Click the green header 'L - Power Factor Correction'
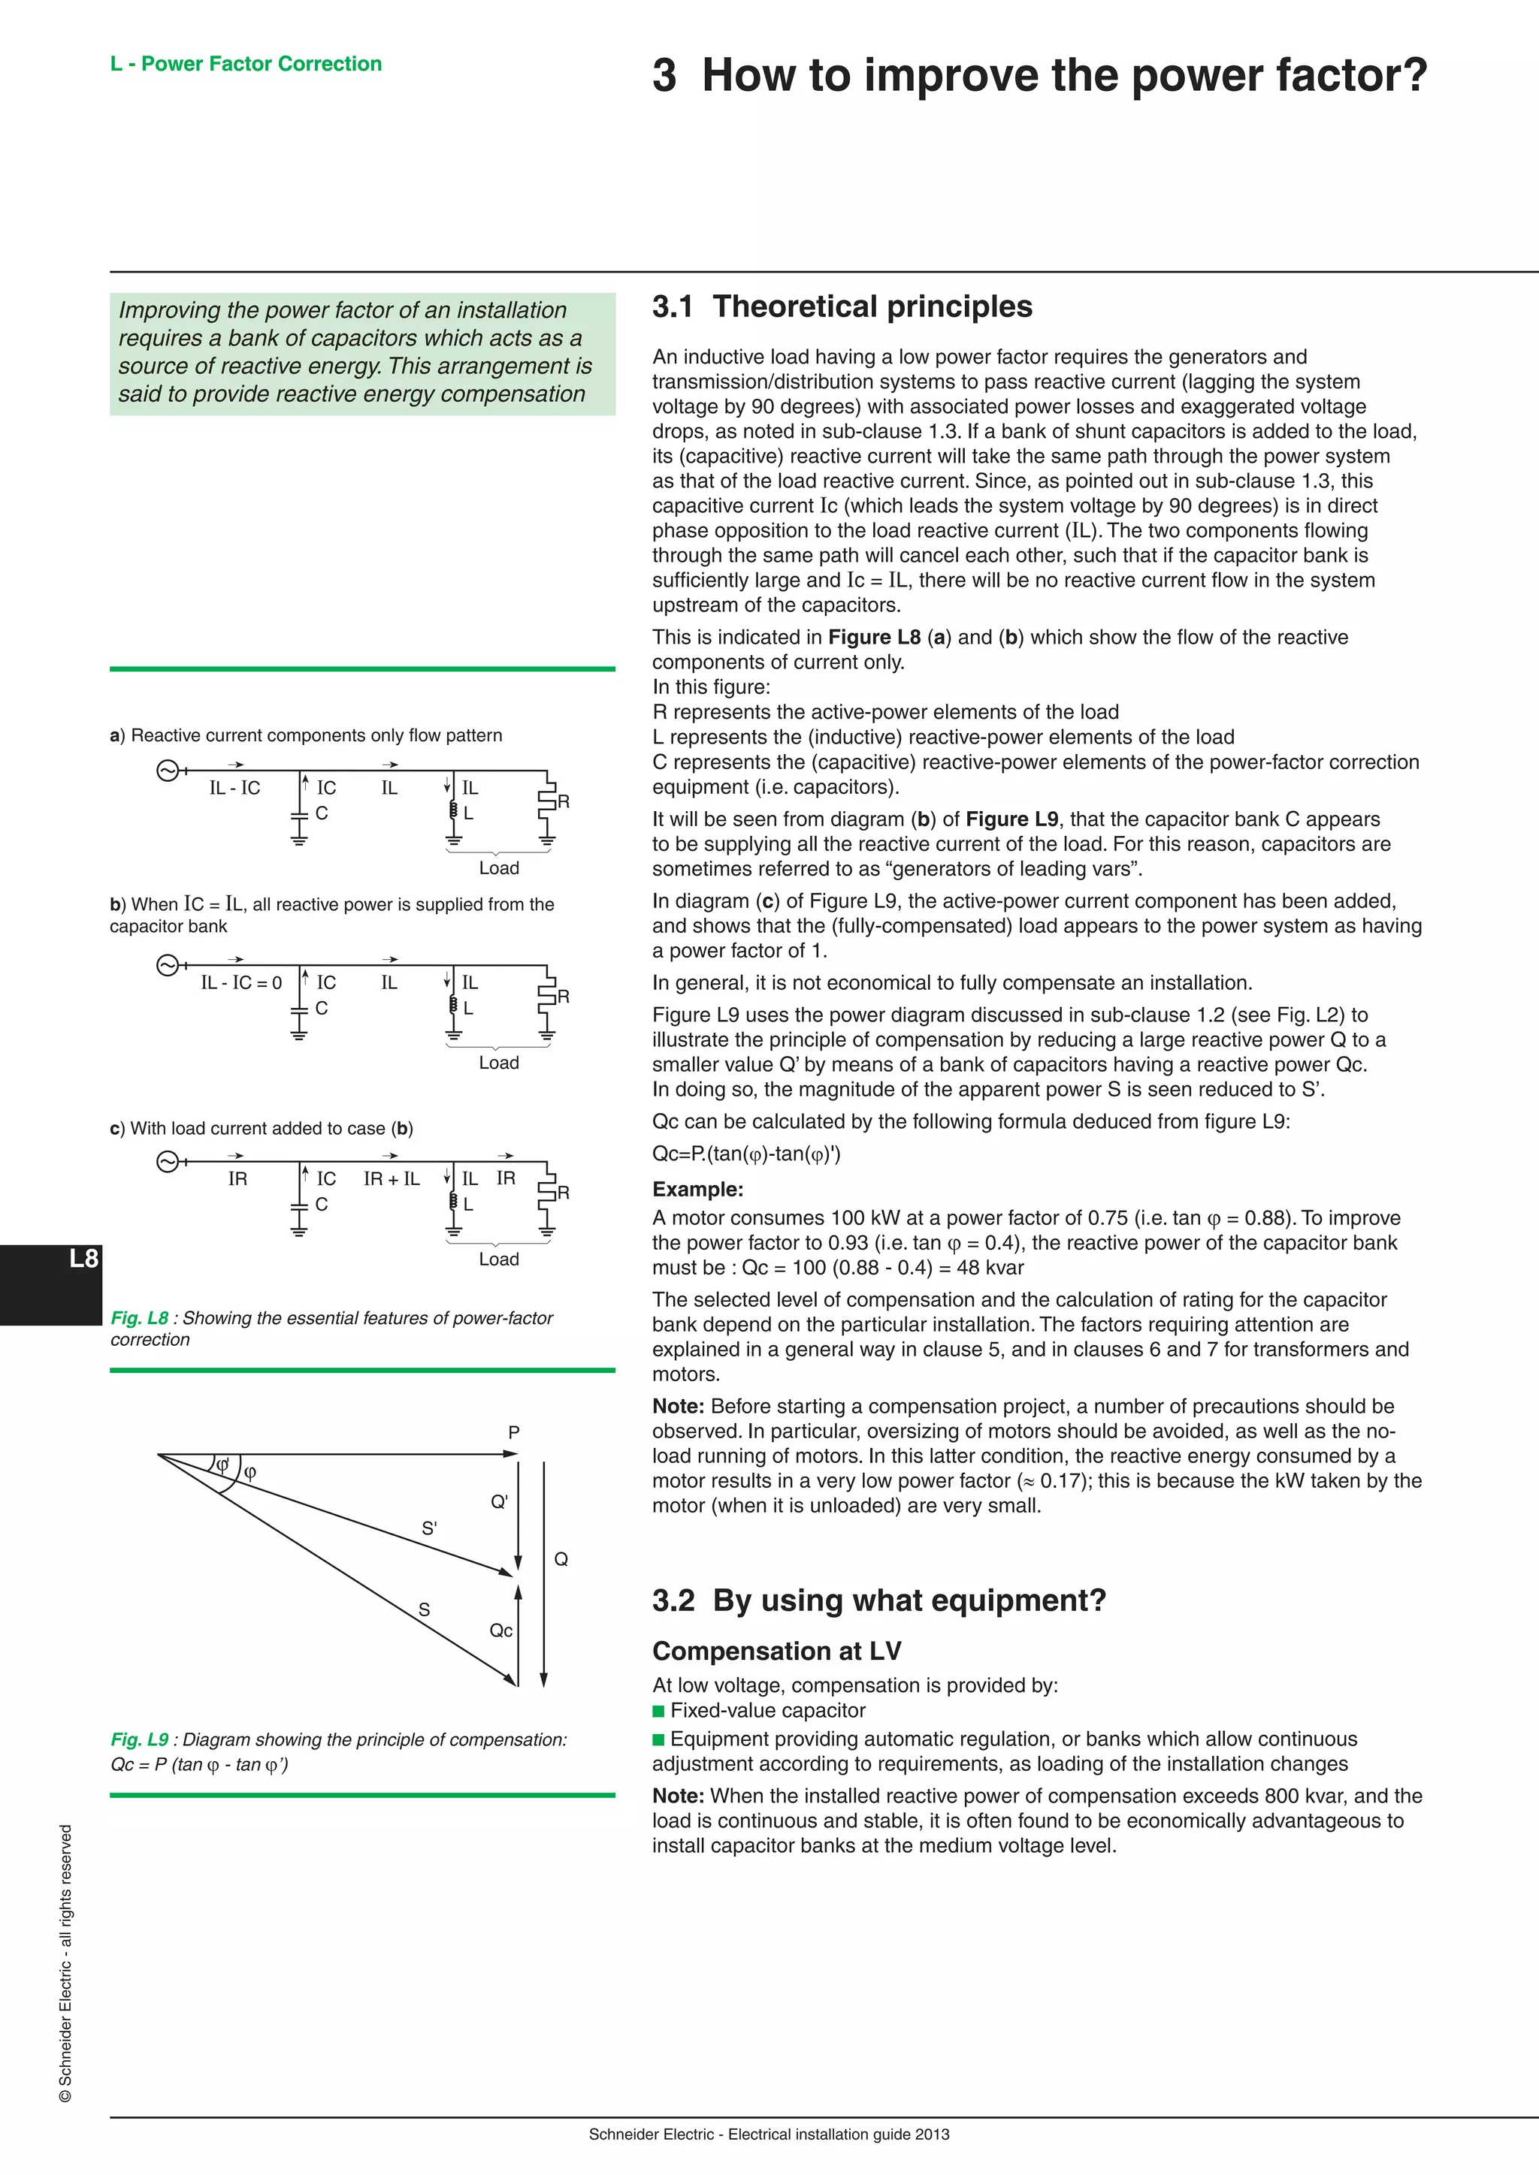pyautogui.click(x=246, y=64)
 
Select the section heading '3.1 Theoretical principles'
pyautogui.click(x=842, y=307)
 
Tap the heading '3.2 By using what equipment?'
pyautogui.click(x=878, y=1600)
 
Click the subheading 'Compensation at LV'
pyautogui.click(x=776, y=1651)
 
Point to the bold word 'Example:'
pyautogui.click(x=697, y=1190)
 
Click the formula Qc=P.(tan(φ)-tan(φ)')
pyautogui.click(x=745, y=1154)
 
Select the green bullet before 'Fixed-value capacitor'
pyautogui.click(x=658, y=1711)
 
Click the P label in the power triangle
pyautogui.click(x=514, y=1432)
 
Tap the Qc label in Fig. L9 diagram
pyautogui.click(x=500, y=1630)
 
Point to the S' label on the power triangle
pyautogui.click(x=429, y=1528)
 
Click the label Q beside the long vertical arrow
pyautogui.click(x=561, y=1559)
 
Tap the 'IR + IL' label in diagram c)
pyautogui.click(x=392, y=1179)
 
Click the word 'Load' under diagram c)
pyautogui.click(x=498, y=1259)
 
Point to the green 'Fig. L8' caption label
pyautogui.click(x=139, y=1318)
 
